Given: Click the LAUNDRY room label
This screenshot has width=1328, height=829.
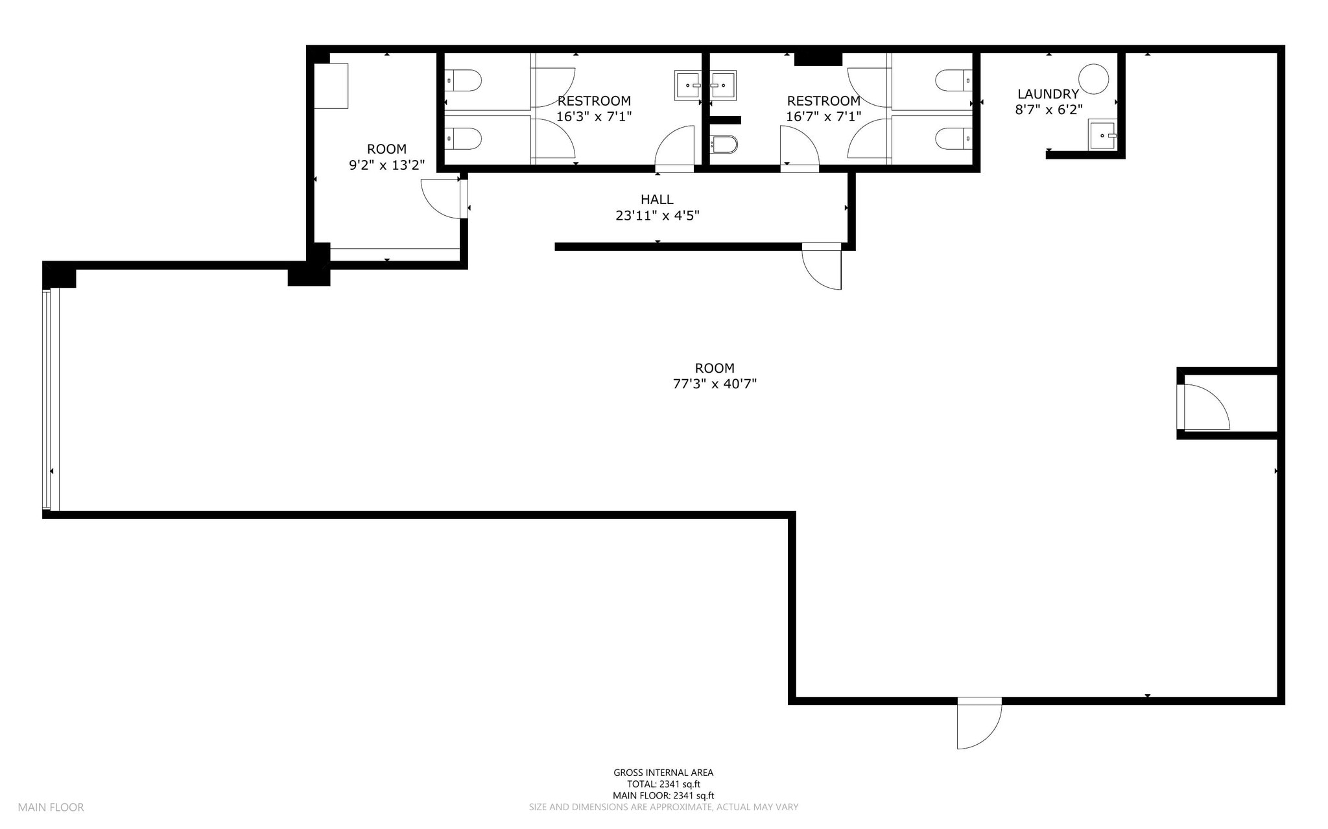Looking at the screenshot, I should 1048,94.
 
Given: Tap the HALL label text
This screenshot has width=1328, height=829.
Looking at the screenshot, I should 657,200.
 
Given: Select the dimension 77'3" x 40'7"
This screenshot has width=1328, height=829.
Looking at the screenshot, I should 715,384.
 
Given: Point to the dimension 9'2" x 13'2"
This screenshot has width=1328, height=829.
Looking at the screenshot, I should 386,165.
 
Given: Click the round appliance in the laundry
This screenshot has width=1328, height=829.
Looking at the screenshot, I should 1093,79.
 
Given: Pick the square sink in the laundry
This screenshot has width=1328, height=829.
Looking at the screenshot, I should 1101,135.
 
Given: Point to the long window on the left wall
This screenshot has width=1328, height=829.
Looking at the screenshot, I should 51,399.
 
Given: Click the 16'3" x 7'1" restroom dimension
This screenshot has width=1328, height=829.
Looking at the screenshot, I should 593,117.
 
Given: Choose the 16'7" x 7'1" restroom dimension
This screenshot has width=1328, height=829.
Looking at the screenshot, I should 823,117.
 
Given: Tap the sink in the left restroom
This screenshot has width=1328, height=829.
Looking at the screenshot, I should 687,85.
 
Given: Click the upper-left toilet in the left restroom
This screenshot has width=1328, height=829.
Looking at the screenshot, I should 464,81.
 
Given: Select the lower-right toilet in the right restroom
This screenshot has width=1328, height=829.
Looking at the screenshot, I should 953,137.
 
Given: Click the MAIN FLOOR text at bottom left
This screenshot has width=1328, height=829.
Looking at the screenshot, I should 51,807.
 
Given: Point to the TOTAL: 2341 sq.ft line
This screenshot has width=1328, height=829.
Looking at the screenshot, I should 663,784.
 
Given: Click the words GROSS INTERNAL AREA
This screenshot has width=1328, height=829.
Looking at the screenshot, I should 663,772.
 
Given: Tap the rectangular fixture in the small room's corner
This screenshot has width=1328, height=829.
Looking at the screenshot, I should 331,86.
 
